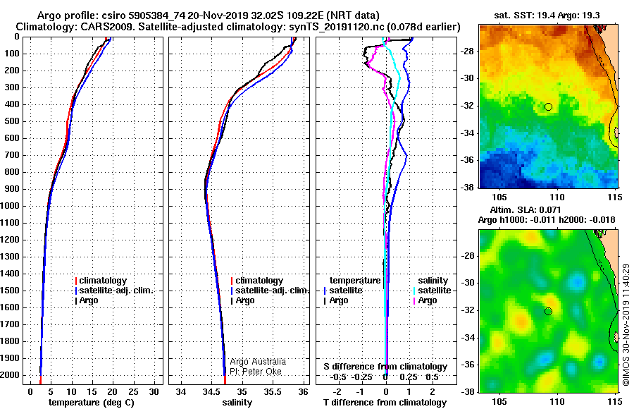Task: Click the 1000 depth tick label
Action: click(10, 206)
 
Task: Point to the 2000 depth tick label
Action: click(10, 375)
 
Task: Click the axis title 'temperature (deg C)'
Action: click(92, 403)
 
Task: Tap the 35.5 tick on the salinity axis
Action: click(272, 392)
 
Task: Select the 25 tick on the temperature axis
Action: click(133, 392)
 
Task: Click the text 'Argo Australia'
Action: click(258, 362)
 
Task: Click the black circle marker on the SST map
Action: click(548, 107)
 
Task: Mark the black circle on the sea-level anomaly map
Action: click(548, 312)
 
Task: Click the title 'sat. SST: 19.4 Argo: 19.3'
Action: click(547, 16)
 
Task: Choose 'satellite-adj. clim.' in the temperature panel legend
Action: click(116, 291)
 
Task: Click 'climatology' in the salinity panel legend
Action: click(259, 281)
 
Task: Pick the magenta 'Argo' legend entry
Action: click(427, 300)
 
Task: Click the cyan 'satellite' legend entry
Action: click(434, 291)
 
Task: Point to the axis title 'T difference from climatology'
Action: click(385, 403)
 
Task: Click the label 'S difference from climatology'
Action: click(385, 367)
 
